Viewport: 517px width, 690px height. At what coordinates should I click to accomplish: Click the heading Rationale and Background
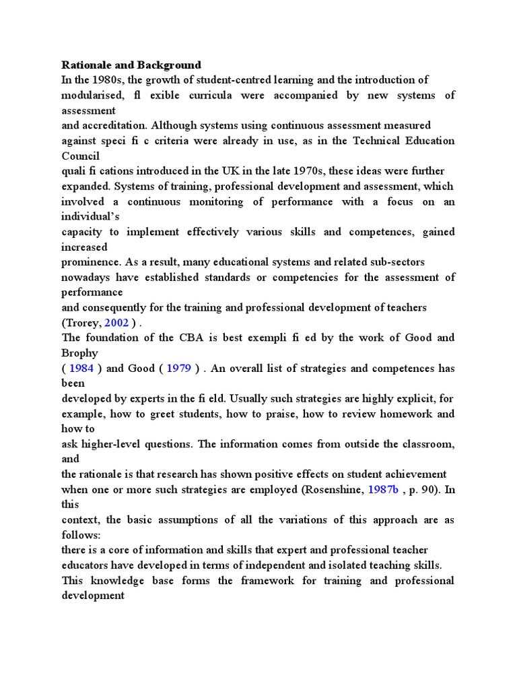[x=131, y=65]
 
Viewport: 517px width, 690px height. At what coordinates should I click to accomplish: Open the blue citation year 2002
[x=115, y=322]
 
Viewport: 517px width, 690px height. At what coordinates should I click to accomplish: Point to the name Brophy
[x=79, y=352]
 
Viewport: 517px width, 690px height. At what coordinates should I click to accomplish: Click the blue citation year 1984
[x=81, y=368]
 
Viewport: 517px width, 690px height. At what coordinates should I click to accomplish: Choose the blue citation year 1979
[x=180, y=368]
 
